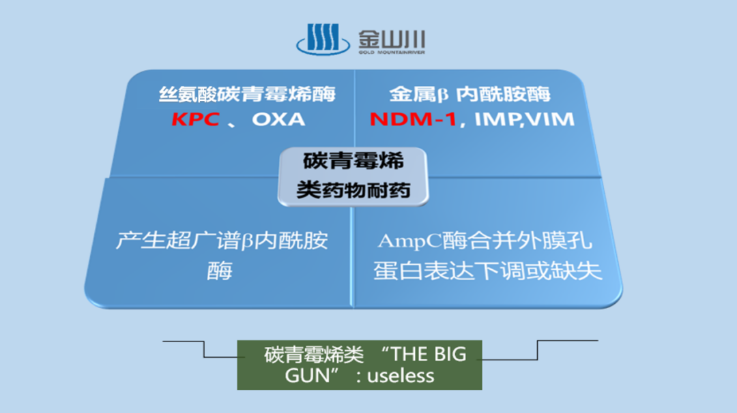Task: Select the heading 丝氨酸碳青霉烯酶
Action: (247, 94)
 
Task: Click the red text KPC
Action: (195, 119)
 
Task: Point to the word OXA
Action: (278, 119)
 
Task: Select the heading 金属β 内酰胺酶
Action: (470, 94)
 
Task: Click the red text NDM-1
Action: (414, 119)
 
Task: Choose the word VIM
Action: (550, 119)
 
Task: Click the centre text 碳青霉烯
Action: (353, 161)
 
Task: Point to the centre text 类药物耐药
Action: (353, 189)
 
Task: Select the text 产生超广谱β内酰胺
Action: (222, 241)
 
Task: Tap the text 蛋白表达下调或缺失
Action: (487, 271)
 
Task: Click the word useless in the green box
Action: (401, 375)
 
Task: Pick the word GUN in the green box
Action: (303, 375)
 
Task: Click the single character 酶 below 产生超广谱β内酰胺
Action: (220, 271)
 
